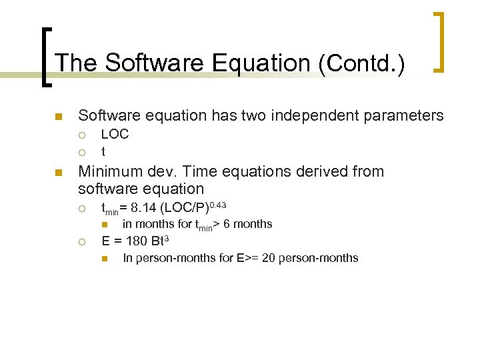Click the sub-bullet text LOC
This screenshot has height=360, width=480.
[x=115, y=134]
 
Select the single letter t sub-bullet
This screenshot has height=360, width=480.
[x=103, y=151]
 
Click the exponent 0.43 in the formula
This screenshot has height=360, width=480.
[x=217, y=203]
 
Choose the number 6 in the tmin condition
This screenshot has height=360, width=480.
[x=226, y=224]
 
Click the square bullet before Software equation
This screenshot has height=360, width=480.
[x=58, y=117]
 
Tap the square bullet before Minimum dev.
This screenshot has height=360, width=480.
[x=58, y=173]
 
